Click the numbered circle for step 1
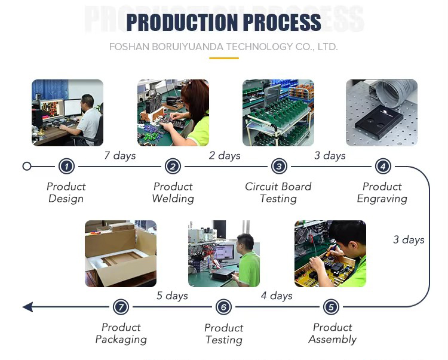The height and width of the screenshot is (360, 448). pos(66,166)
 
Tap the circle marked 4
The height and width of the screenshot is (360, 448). pos(383,166)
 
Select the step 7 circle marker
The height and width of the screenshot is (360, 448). pos(121,307)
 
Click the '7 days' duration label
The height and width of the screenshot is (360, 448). pos(120,156)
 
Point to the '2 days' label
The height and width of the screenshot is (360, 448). pos(225,156)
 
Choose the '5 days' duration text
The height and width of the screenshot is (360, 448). pos(172,296)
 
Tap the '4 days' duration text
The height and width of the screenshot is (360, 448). pos(277,296)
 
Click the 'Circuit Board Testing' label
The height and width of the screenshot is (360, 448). pos(278,193)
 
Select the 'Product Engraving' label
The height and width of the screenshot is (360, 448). pos(382,193)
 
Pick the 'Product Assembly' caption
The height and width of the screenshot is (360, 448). pos(333,333)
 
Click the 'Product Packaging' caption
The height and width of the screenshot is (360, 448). pos(121,333)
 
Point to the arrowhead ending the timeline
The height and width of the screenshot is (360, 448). pos(27,307)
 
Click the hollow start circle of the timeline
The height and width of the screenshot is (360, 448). pos(26,166)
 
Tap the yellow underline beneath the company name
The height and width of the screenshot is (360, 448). pos(224,59)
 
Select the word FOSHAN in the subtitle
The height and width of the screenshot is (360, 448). pos(129,47)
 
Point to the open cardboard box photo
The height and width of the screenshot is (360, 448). pos(121,254)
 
